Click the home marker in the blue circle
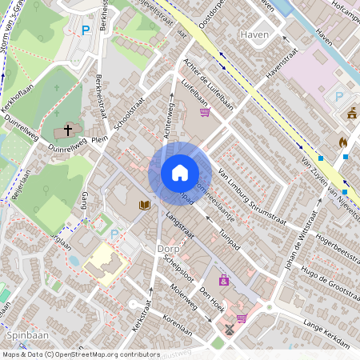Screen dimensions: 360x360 pos(180,173)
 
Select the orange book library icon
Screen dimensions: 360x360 pos(144,206)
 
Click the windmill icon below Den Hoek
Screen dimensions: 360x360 pos(229,328)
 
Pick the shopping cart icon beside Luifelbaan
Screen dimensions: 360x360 pos(206,113)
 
